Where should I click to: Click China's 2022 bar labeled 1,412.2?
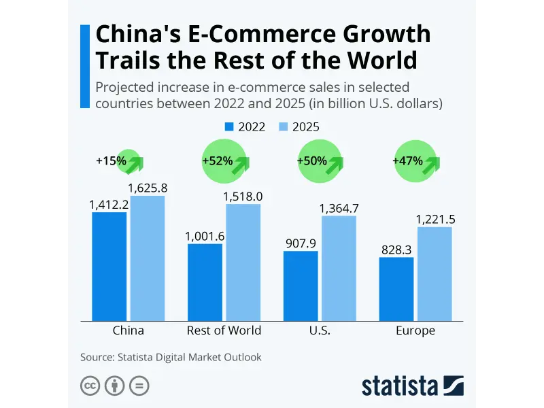109,267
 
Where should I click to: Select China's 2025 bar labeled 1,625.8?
148,258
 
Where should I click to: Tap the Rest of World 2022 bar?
205,282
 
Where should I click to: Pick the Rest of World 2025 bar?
243,262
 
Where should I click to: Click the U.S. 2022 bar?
301,286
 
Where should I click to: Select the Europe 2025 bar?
435,273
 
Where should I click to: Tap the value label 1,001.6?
205,236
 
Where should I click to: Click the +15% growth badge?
128,161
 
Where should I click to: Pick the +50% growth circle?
320,161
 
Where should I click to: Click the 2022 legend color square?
229,126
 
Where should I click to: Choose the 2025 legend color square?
284,126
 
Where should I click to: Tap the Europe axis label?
415,331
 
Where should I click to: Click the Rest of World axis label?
224,331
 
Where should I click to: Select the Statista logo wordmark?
400,386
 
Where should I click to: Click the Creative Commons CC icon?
90,386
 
